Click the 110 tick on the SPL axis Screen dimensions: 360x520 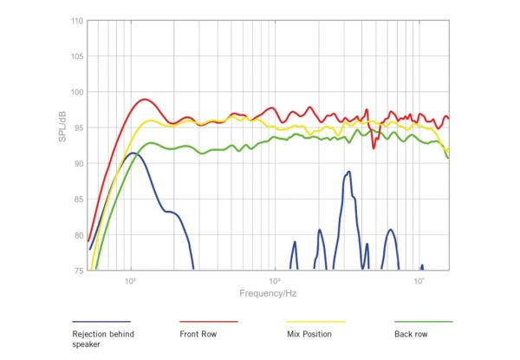[76, 21]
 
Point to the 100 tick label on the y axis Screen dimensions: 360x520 [76, 92]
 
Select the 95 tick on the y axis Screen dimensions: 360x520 [77, 128]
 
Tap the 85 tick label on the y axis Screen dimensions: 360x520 [77, 199]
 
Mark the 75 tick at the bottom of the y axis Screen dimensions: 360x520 [77, 270]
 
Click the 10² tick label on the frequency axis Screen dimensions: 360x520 [132, 280]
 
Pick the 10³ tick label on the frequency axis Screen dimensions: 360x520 [275, 280]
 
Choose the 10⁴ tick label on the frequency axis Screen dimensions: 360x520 [419, 280]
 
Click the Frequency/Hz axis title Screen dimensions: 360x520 [268, 293]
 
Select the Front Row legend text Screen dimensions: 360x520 [198, 333]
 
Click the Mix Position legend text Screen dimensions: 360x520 [309, 333]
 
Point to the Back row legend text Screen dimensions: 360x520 [413, 333]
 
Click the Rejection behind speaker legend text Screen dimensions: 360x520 [102, 338]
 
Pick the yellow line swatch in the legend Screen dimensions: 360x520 [315, 321]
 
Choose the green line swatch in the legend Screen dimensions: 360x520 [423, 321]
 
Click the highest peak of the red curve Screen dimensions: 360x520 [144, 99]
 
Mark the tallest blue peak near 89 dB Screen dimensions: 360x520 [348, 172]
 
